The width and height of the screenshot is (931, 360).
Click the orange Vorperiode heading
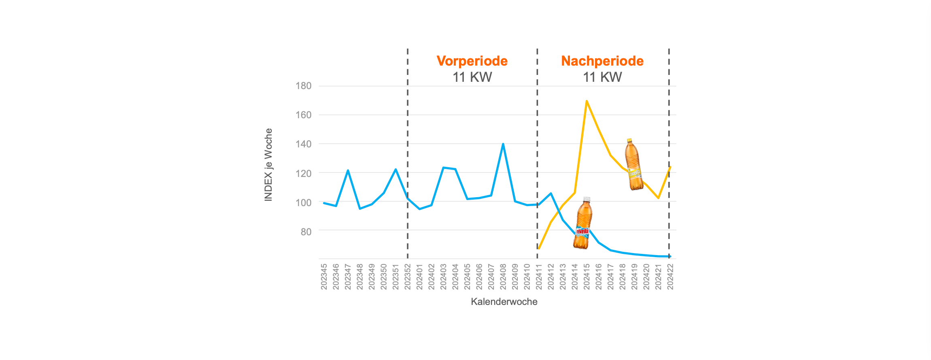[x=472, y=61]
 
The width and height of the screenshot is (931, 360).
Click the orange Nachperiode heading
[x=602, y=61]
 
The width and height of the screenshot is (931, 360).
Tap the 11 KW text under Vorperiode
[x=472, y=77]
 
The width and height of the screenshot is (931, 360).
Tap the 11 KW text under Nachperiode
[x=602, y=77]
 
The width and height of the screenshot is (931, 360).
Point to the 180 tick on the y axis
[x=304, y=86]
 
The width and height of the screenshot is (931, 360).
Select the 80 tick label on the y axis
[x=306, y=232]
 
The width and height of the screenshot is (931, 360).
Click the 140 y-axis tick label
[x=304, y=144]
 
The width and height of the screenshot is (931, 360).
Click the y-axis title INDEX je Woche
[x=268, y=165]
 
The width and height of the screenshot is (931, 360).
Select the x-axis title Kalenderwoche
[x=504, y=302]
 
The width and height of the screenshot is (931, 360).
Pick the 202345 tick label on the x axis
[x=324, y=277]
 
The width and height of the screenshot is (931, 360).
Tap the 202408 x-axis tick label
[x=503, y=277]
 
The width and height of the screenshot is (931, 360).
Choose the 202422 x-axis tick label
[x=670, y=277]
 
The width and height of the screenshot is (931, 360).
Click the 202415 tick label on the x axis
[x=587, y=277]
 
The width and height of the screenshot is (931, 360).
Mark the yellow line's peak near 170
[x=587, y=101]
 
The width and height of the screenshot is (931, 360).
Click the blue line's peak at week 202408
[x=503, y=144]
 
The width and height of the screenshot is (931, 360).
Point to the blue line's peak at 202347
[x=348, y=170]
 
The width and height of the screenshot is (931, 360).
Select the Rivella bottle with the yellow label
[x=634, y=165]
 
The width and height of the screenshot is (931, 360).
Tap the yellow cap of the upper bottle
[x=629, y=140]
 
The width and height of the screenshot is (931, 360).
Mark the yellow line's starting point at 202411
[x=539, y=248]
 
